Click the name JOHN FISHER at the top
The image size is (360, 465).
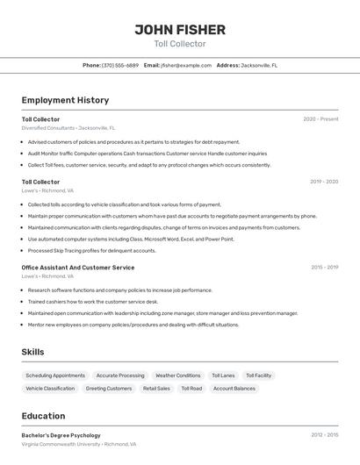point(179,30)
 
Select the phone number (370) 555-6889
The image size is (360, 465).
point(119,65)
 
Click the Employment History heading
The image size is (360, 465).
point(65,100)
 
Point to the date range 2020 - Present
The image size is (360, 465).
point(320,119)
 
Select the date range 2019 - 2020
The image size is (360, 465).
point(324,182)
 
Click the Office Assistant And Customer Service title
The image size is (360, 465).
point(78,268)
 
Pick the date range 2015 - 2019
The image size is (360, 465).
point(324,268)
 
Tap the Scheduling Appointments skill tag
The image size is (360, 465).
point(55,376)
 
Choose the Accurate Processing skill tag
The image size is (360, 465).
point(120,376)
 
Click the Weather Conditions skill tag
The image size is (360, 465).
point(177,376)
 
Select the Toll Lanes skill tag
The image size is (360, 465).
point(223,376)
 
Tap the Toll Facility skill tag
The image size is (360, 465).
point(258,376)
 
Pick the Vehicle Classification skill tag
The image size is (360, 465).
point(50,388)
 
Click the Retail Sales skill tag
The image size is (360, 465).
point(156,388)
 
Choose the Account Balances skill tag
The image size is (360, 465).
point(234,388)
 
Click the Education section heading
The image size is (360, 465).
point(43,416)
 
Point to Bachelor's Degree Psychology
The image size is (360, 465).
point(61,435)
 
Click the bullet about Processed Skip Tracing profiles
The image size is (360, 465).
point(91,250)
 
